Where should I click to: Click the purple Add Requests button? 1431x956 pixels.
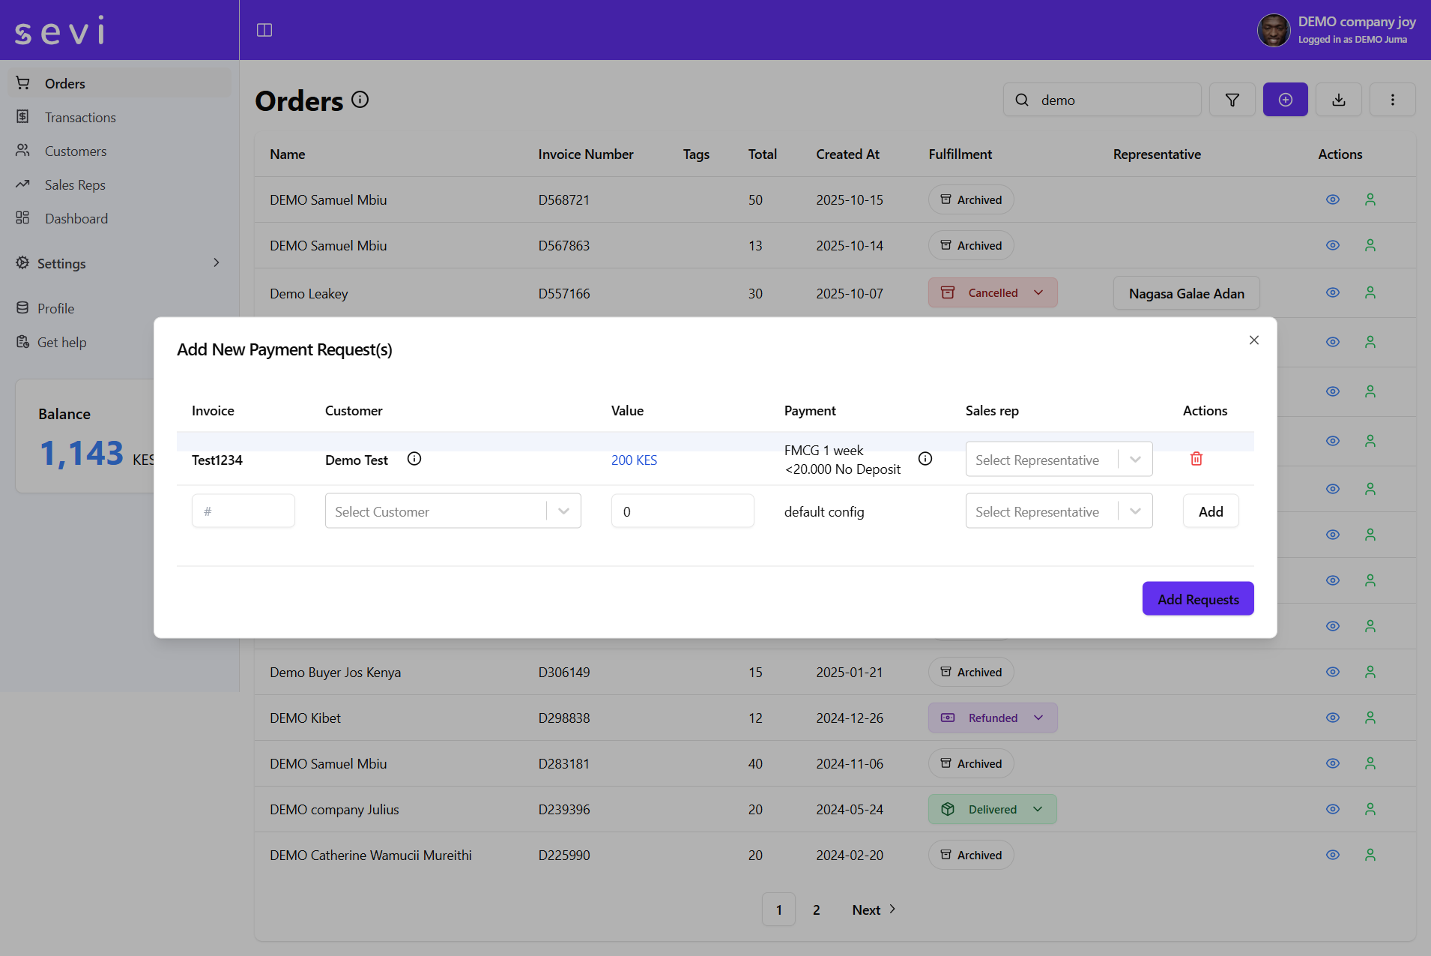(x=1197, y=599)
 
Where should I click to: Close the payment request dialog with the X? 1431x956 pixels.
(x=1253, y=340)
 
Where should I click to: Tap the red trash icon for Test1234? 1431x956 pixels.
(x=1196, y=459)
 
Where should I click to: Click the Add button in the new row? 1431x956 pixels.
(x=1210, y=511)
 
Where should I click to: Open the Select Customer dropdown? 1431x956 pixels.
(x=453, y=511)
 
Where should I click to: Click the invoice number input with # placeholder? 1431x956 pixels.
(x=243, y=511)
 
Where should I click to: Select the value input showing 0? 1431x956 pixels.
(x=682, y=511)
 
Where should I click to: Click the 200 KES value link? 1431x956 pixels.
(x=634, y=460)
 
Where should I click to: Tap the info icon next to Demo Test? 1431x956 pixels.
(x=414, y=459)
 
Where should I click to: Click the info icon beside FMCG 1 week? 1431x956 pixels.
(x=925, y=459)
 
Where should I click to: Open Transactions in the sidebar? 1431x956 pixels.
(x=80, y=118)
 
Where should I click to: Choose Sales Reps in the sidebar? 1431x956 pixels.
(x=75, y=185)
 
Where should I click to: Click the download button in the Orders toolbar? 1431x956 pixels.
(x=1338, y=100)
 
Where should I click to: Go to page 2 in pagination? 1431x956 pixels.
(x=816, y=910)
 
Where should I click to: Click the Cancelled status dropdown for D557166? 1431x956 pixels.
(x=993, y=293)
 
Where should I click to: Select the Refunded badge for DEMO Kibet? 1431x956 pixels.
(x=993, y=718)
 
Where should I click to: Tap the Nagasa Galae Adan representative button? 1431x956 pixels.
(x=1186, y=294)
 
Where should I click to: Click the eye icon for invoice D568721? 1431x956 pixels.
(x=1332, y=200)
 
